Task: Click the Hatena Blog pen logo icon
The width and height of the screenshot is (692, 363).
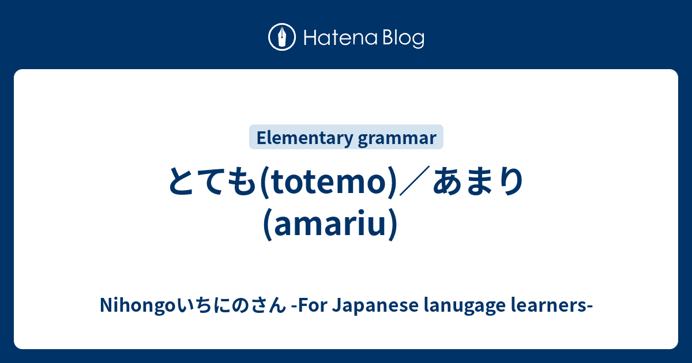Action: pos(282,38)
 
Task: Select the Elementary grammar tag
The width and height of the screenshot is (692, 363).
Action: pos(346,138)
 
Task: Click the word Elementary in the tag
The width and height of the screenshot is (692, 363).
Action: pos(304,138)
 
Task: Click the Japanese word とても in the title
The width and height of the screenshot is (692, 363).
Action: pos(213,182)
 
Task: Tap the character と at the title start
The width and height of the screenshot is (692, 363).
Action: pos(183,182)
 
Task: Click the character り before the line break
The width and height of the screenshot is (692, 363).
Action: pos(510,182)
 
